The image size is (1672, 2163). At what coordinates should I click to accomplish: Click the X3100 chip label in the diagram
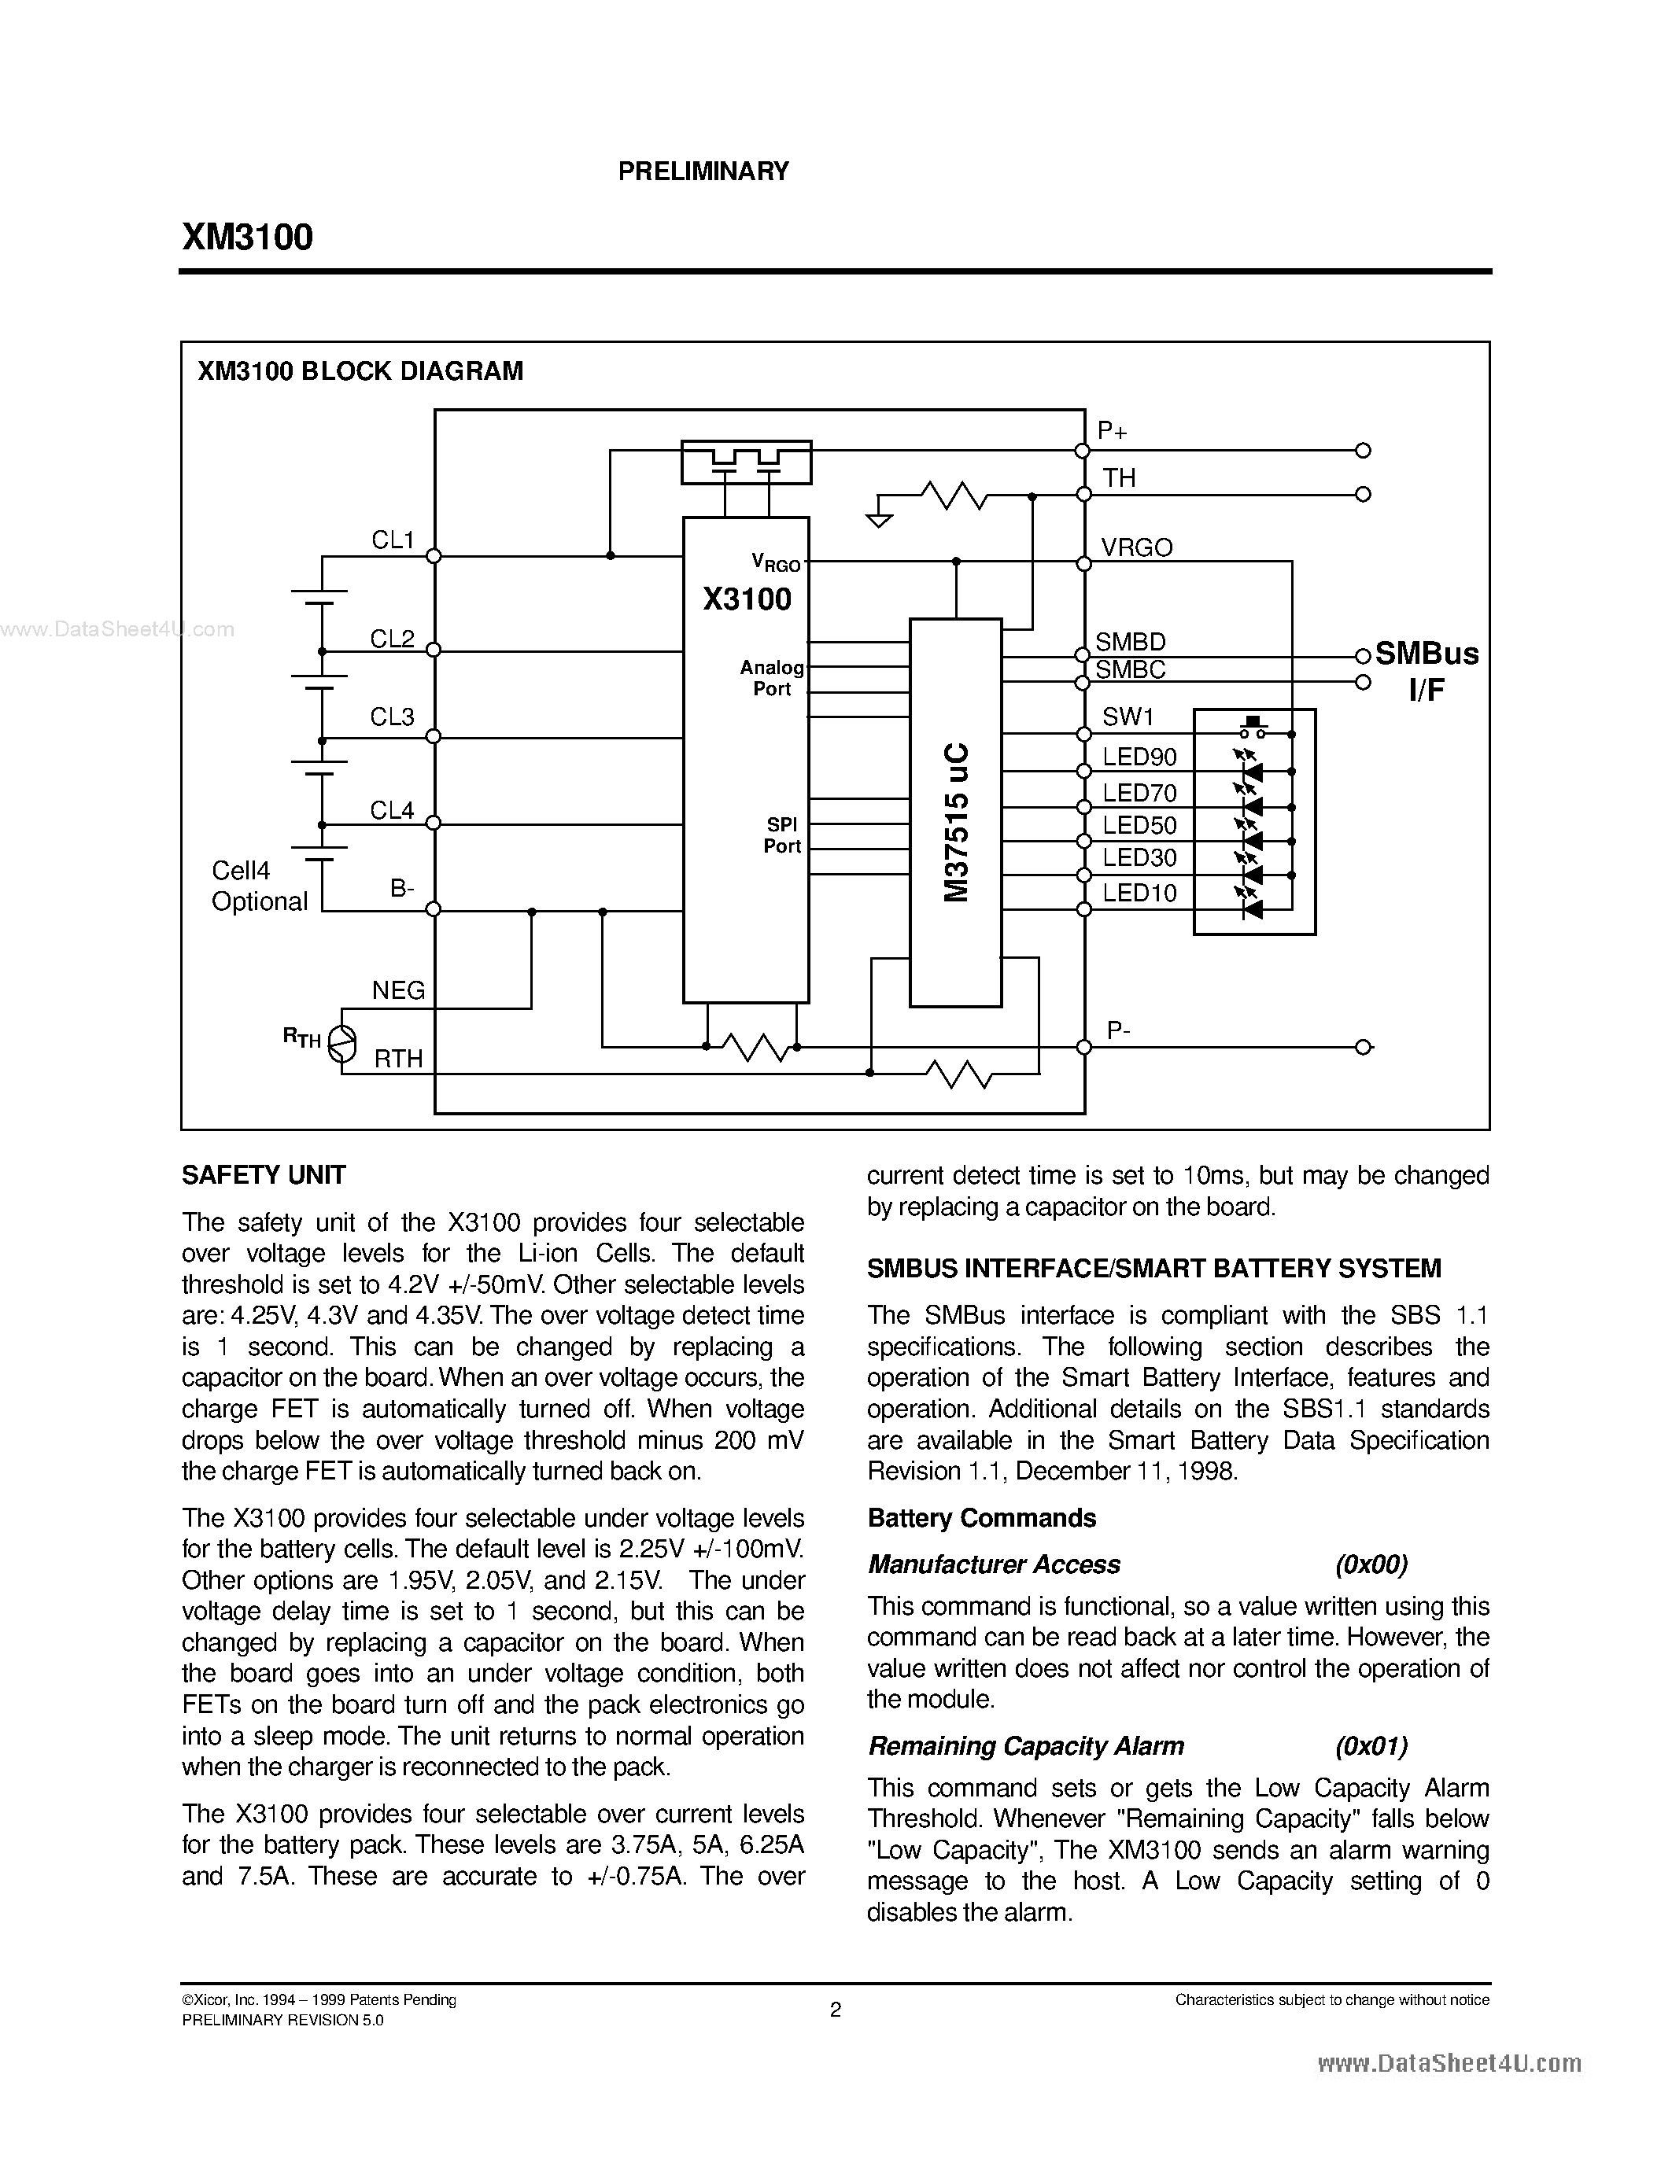(x=747, y=599)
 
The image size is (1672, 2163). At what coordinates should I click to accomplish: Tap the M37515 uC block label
(x=956, y=822)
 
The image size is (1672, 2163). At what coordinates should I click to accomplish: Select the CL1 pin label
(x=393, y=540)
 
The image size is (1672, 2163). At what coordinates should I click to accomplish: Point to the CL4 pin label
(x=393, y=810)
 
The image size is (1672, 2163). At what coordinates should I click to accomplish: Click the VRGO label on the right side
(x=1136, y=547)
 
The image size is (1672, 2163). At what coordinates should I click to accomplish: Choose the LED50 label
(x=1139, y=825)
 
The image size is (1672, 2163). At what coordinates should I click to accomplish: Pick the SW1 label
(x=1128, y=717)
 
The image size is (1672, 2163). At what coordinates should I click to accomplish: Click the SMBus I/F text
(x=1427, y=670)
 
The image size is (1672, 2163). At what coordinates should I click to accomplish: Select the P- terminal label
(x=1118, y=1030)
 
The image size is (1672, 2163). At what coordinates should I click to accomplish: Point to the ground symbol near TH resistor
(x=877, y=518)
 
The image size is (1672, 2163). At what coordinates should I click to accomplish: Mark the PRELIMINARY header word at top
(x=703, y=171)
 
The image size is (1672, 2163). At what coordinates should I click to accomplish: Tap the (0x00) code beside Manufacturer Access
(x=1371, y=1564)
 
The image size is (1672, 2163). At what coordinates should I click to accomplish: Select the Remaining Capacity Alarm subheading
(x=1025, y=1745)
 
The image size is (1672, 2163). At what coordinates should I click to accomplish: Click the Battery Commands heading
(x=980, y=1518)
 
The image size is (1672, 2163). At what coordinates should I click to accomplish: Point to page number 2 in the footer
(x=835, y=2010)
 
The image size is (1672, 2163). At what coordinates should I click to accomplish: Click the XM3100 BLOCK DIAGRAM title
(x=360, y=371)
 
